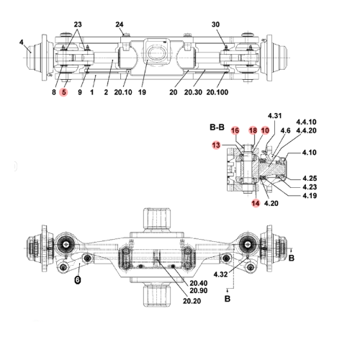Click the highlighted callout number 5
(x=64, y=93)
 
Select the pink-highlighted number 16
(x=235, y=130)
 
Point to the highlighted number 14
(x=255, y=204)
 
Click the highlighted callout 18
(x=253, y=130)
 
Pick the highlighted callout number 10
(x=265, y=130)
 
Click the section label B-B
(x=217, y=127)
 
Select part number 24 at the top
(x=120, y=25)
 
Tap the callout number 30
(x=215, y=25)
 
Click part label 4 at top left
(x=22, y=42)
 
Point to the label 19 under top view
(x=142, y=93)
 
